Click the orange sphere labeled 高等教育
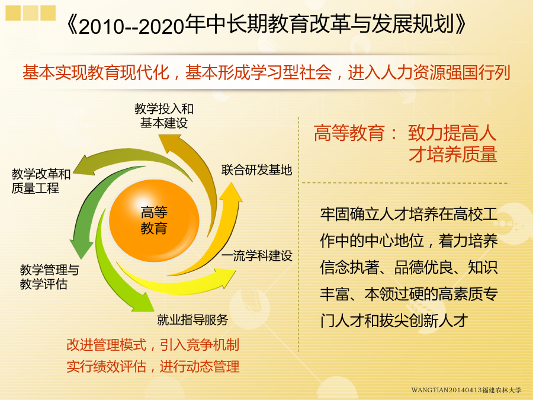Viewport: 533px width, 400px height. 154,220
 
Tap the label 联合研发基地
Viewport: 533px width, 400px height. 256,169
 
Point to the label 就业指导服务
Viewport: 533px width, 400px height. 192,319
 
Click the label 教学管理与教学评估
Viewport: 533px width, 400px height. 49,277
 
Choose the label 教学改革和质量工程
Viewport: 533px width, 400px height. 41,181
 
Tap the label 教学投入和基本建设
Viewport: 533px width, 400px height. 164,116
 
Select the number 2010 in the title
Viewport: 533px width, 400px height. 101,27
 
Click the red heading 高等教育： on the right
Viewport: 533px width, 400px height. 355,133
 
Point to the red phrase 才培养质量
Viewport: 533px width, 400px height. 453,154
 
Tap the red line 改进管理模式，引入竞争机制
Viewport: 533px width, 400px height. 153,344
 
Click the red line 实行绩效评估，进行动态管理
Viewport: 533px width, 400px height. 153,366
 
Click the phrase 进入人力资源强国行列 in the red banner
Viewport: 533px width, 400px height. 429,72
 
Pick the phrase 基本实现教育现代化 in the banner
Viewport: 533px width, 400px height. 96,72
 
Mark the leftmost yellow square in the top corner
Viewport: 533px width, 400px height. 13,13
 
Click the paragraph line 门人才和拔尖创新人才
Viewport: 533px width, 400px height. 394,321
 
